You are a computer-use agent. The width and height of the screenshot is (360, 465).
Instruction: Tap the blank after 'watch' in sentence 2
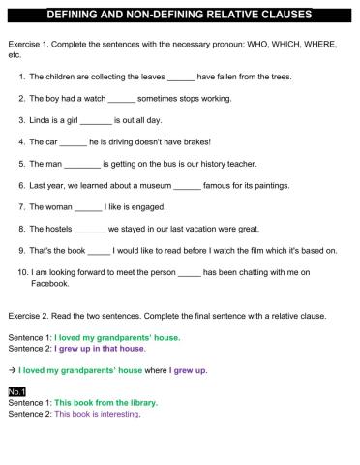pyautogui.click(x=122, y=98)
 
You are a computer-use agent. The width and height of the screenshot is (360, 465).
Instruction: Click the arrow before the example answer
pyautogui.click(x=10, y=369)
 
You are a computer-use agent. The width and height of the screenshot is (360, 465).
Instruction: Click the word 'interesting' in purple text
pyautogui.click(x=116, y=414)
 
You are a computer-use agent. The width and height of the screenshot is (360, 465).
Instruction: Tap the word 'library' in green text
pyautogui.click(x=138, y=402)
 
